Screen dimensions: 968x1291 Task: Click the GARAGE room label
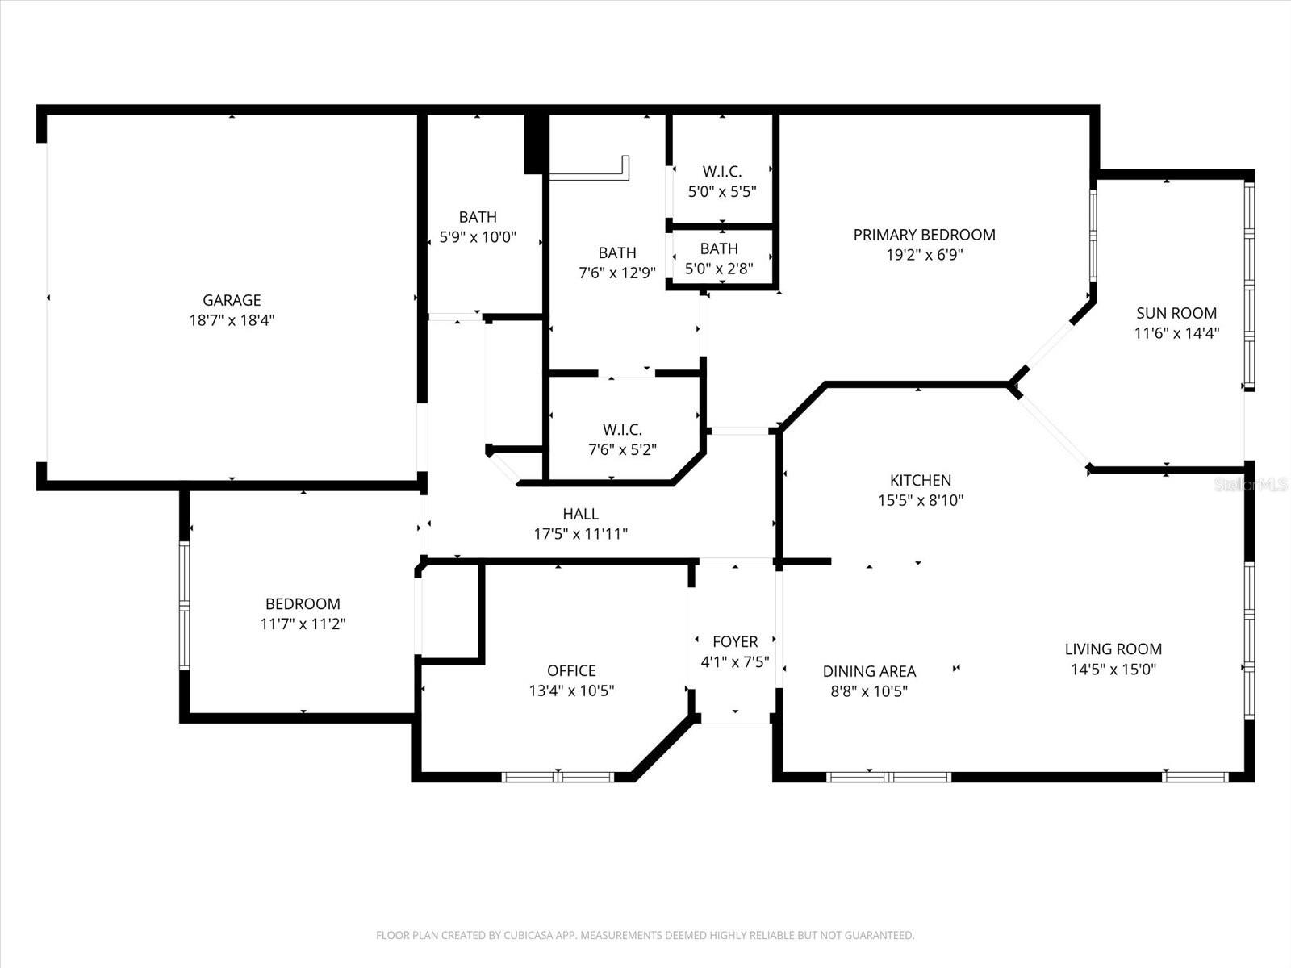(x=232, y=300)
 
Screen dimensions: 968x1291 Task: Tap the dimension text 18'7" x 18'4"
(x=232, y=320)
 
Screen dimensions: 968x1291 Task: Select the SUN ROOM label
(x=1176, y=313)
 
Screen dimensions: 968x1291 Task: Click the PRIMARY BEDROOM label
(x=924, y=235)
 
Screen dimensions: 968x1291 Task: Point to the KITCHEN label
(x=920, y=480)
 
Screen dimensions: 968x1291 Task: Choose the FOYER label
(x=734, y=641)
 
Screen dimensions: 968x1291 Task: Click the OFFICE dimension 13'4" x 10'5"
(x=571, y=691)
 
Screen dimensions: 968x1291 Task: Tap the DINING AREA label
(x=869, y=671)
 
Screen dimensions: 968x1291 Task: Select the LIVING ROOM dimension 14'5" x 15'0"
(x=1113, y=669)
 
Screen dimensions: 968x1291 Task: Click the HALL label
(x=580, y=514)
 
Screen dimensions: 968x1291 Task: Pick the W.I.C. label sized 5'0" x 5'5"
(x=721, y=172)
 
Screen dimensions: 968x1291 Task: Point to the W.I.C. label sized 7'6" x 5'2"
(x=622, y=430)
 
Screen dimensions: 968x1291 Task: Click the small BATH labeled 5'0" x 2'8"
(x=718, y=248)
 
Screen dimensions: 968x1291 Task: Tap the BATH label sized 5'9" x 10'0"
(x=478, y=217)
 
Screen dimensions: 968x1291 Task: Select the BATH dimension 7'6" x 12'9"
(x=616, y=273)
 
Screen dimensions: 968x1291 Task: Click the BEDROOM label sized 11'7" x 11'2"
(x=303, y=603)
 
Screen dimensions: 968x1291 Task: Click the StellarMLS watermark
(x=1251, y=484)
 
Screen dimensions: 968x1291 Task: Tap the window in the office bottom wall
(x=558, y=777)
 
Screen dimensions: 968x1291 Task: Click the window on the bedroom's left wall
(x=184, y=605)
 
